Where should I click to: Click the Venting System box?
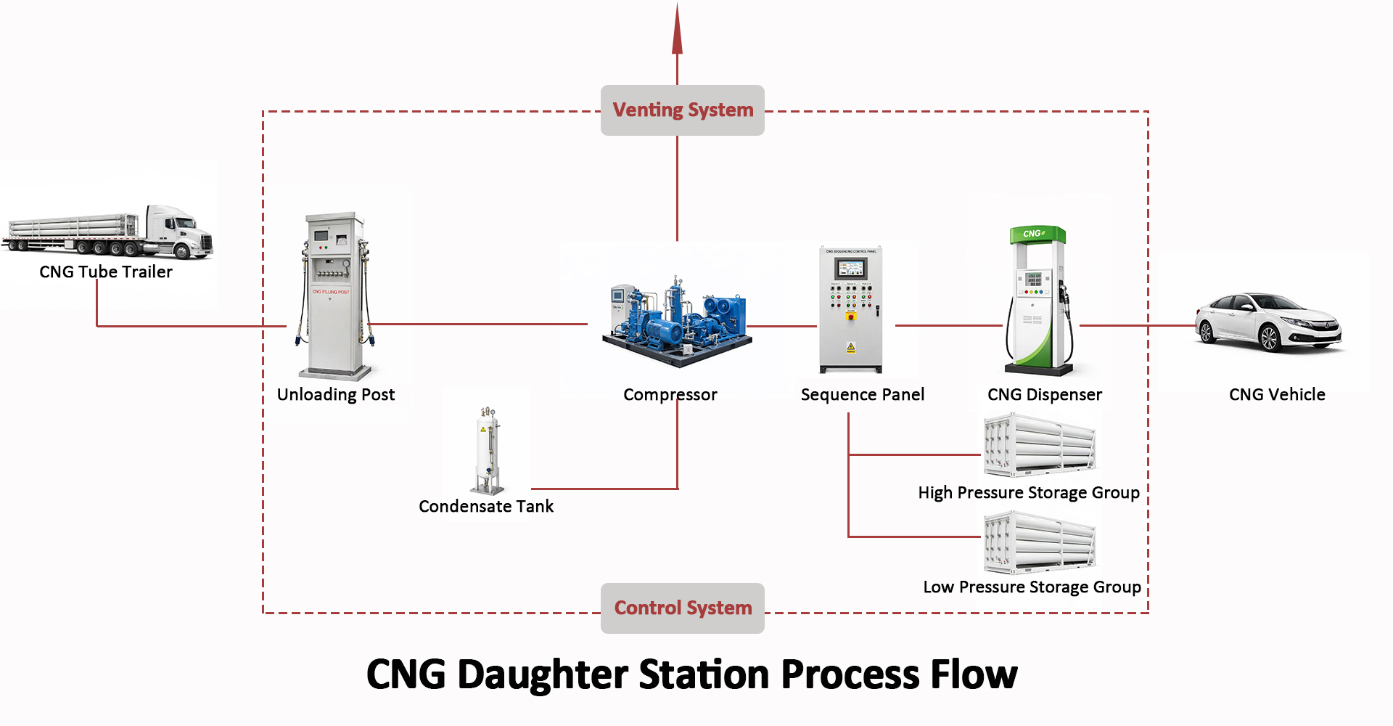(x=682, y=110)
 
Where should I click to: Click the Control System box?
(x=682, y=608)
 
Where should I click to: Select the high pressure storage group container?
(x=1040, y=445)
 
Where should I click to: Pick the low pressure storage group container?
(x=1040, y=542)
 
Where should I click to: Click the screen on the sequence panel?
(x=850, y=269)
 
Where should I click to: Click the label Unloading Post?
(x=336, y=394)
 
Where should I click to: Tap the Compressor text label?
(x=670, y=394)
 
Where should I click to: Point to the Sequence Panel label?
(x=862, y=394)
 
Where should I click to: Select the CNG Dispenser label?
(x=1044, y=394)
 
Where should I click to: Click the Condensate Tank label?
(x=485, y=506)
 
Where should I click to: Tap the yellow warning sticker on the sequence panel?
(x=851, y=347)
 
